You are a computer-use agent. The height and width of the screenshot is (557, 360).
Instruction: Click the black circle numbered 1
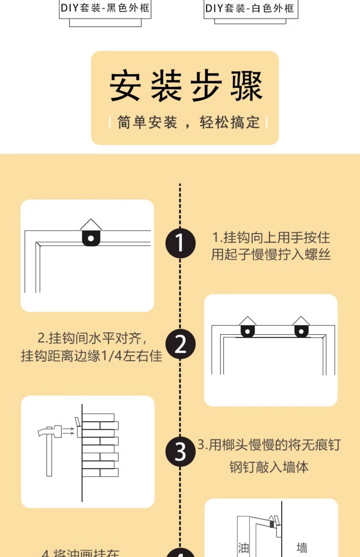click(180, 243)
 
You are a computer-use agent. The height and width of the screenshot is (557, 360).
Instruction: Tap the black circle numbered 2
click(180, 344)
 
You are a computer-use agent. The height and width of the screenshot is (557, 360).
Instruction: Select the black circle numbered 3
click(180, 451)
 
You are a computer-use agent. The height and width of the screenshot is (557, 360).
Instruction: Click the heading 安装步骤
click(186, 86)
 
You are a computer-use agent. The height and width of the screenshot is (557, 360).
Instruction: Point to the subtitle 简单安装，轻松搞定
click(188, 122)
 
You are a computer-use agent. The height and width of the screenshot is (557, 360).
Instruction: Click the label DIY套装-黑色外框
click(105, 8)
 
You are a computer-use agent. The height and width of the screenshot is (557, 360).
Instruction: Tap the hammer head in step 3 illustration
click(50, 431)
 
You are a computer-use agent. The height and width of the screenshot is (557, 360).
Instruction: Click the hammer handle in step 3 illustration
click(49, 455)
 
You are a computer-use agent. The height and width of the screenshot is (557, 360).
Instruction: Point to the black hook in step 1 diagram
click(91, 238)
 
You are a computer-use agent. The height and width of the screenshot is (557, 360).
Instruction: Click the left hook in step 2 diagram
click(248, 331)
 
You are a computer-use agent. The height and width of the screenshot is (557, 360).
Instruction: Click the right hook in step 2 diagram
click(301, 331)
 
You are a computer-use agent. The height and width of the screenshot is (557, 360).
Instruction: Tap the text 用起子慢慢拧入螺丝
click(271, 254)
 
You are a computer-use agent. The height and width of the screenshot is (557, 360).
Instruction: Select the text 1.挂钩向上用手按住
click(271, 238)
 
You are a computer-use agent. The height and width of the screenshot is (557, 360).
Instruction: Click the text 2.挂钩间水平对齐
click(92, 338)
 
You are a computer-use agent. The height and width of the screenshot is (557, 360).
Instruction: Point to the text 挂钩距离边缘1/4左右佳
click(91, 356)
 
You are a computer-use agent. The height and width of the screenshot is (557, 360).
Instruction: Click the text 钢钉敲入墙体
click(269, 467)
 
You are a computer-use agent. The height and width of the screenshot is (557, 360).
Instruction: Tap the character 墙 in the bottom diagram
click(302, 548)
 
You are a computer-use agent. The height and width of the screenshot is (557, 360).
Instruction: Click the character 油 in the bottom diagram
click(243, 548)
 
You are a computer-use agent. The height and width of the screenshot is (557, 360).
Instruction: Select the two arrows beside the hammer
click(69, 431)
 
